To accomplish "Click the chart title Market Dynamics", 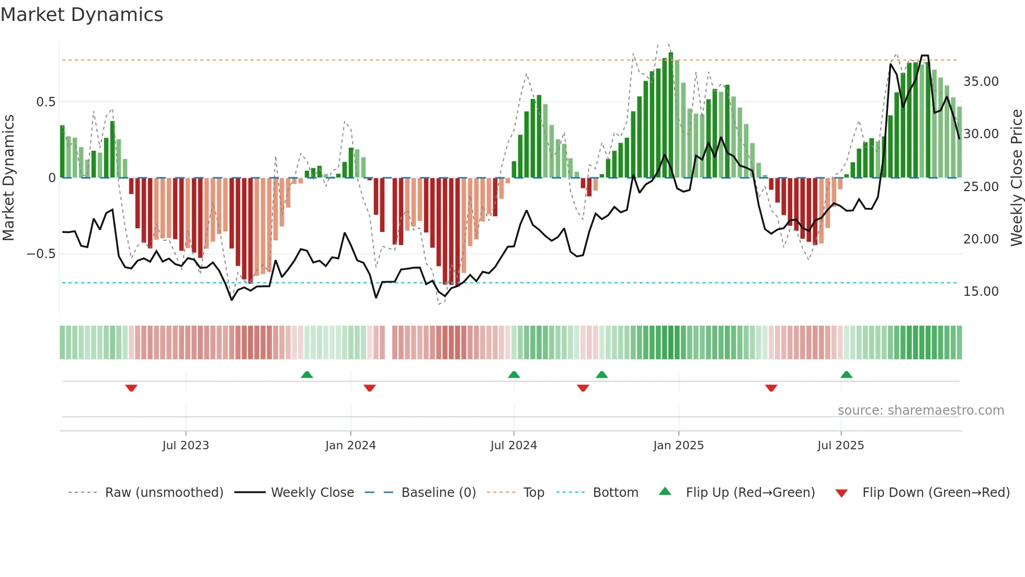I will (x=82, y=15).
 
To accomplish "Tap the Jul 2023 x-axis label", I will (x=186, y=446).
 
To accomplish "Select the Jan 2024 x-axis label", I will (x=350, y=446).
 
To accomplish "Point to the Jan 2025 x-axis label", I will (x=678, y=446).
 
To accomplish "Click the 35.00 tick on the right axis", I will (x=981, y=82).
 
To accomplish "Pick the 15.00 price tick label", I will (x=981, y=292).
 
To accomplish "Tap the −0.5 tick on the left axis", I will (x=41, y=254).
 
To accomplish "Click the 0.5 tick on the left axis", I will (x=45, y=102).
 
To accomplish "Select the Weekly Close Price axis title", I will (x=1016, y=178).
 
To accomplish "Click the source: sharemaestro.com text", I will (x=920, y=410).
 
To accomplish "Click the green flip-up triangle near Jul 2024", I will (x=514, y=375).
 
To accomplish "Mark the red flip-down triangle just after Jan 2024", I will (x=370, y=388).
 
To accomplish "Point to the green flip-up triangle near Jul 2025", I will (x=846, y=375).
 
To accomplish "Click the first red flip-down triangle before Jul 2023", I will (x=131, y=388).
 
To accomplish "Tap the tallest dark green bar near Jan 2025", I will (x=671, y=115).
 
